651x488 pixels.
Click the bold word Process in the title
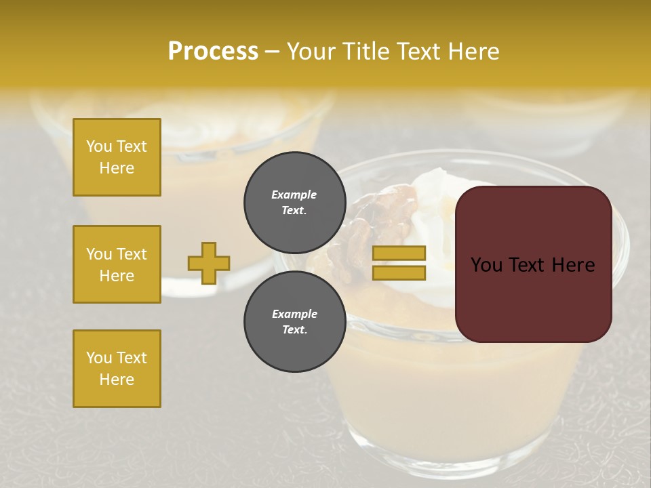(x=213, y=52)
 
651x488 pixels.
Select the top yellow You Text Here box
(x=117, y=157)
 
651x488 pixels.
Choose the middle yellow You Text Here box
(x=117, y=264)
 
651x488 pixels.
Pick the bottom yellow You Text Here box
(x=117, y=369)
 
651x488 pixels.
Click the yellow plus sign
(x=209, y=263)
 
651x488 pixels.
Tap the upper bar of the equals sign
(x=399, y=253)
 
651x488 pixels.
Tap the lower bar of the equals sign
(x=399, y=272)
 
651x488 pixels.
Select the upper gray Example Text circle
(x=294, y=202)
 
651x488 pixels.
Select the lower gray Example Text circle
(x=294, y=322)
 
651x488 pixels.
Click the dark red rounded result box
(x=533, y=264)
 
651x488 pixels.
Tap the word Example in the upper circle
(x=294, y=195)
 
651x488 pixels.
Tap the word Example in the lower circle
(x=294, y=314)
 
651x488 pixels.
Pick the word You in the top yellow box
(x=99, y=146)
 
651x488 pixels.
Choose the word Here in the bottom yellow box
(x=117, y=380)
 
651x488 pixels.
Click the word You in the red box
(x=486, y=265)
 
